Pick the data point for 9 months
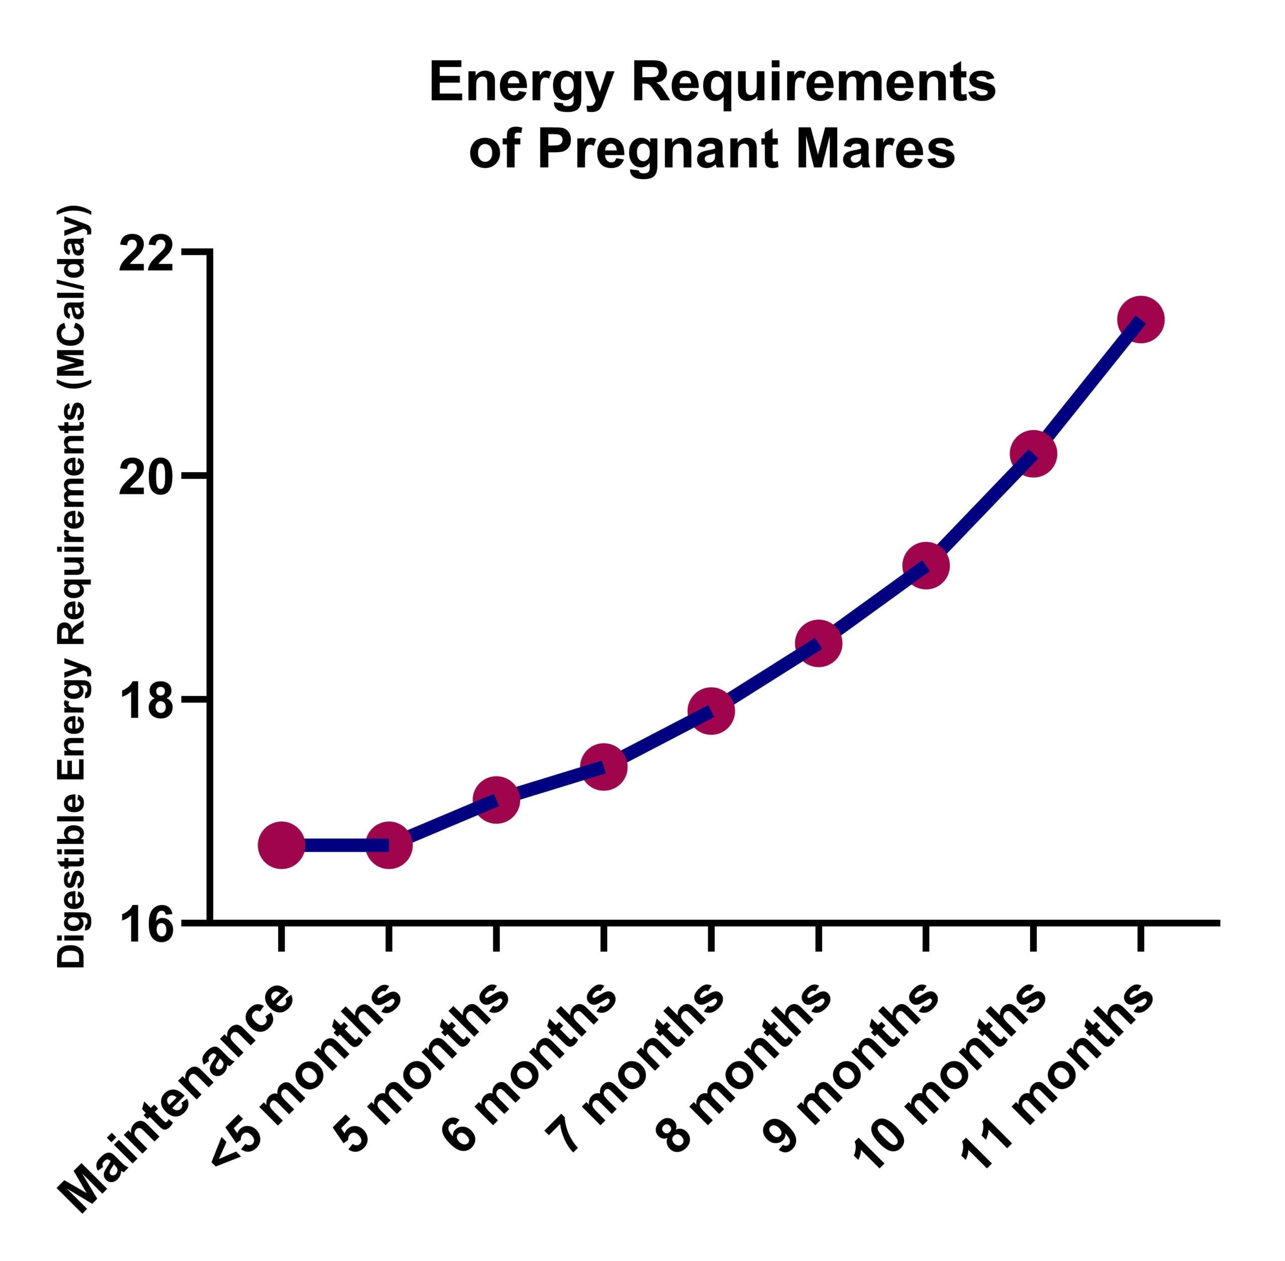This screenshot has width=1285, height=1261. click(926, 566)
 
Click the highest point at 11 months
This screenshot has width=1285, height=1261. click(1140, 319)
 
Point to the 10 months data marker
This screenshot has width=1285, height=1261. click(1034, 454)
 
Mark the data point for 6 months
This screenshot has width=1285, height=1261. click(603, 767)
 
